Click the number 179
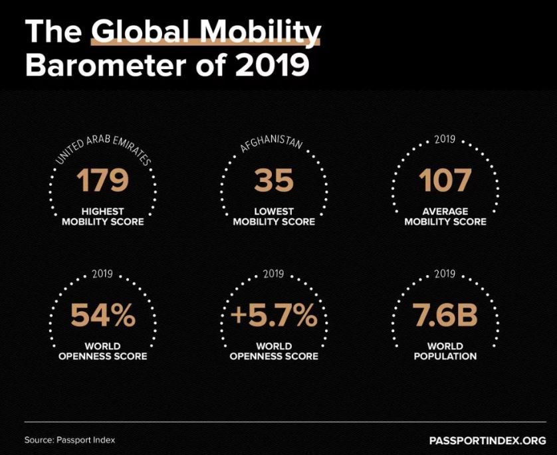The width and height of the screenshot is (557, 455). click(103, 181)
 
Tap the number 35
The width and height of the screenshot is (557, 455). click(274, 181)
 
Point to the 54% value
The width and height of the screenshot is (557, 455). click(103, 316)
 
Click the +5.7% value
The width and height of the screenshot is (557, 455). click(274, 316)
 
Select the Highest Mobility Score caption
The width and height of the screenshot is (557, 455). click(103, 216)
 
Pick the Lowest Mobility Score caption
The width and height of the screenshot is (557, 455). click(274, 216)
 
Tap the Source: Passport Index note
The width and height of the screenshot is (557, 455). click(64, 440)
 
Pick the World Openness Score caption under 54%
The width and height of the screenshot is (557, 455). click(103, 351)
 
